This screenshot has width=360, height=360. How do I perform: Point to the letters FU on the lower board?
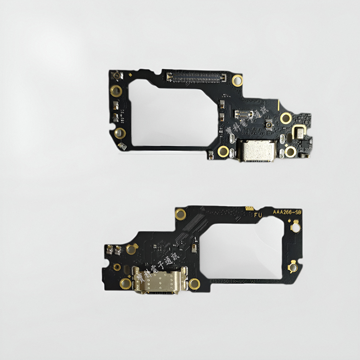258,216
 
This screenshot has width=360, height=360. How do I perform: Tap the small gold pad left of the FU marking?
248,208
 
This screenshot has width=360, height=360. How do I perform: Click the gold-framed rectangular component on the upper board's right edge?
298,132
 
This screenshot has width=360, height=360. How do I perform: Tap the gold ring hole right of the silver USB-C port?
291,152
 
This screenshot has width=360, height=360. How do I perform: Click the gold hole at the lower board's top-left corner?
181,213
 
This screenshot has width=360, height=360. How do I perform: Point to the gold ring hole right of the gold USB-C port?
194,283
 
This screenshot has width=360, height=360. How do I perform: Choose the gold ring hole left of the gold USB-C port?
125,283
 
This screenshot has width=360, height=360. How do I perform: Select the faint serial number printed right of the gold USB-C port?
238,280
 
